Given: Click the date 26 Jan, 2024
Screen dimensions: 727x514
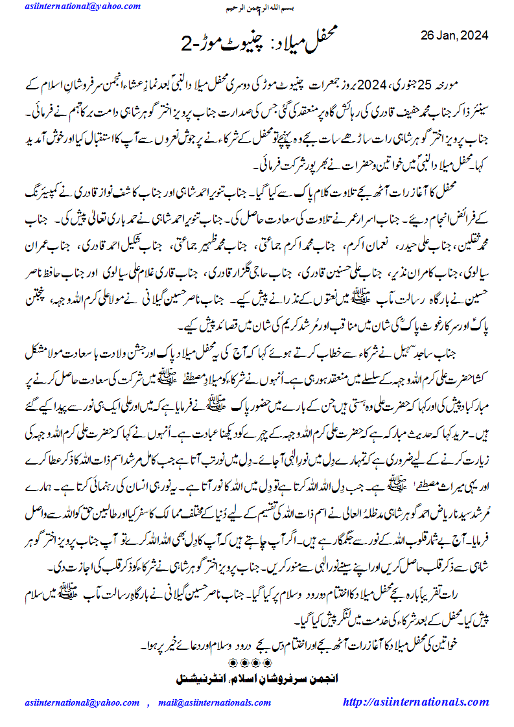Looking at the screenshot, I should tap(454, 34).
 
